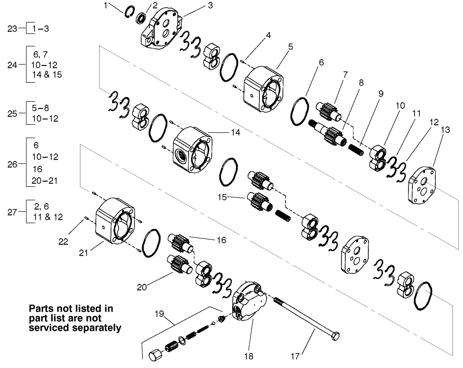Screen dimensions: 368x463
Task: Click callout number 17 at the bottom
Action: click(x=295, y=356)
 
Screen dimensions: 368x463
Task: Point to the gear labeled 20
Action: click(x=179, y=265)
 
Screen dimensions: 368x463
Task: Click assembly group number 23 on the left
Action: click(x=13, y=29)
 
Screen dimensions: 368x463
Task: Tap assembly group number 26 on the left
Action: click(x=13, y=164)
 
